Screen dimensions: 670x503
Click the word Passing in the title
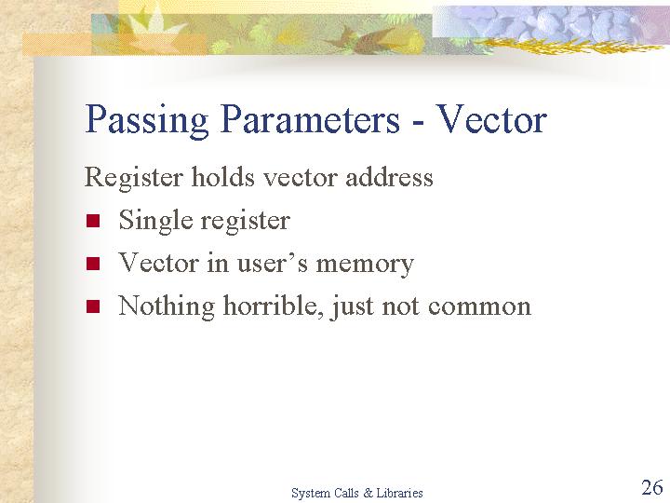(x=147, y=120)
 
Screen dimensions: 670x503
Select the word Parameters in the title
(x=310, y=119)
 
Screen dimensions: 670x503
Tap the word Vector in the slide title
(x=492, y=119)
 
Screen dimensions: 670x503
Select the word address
(x=389, y=176)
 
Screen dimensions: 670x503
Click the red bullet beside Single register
(x=93, y=221)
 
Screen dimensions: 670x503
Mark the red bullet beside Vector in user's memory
(x=93, y=264)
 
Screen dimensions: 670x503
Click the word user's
(x=272, y=263)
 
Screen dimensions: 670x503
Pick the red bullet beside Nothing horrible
(x=93, y=306)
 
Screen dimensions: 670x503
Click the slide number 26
(x=652, y=487)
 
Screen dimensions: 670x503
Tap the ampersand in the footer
(x=368, y=493)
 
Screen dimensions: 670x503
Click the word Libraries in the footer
(x=399, y=493)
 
